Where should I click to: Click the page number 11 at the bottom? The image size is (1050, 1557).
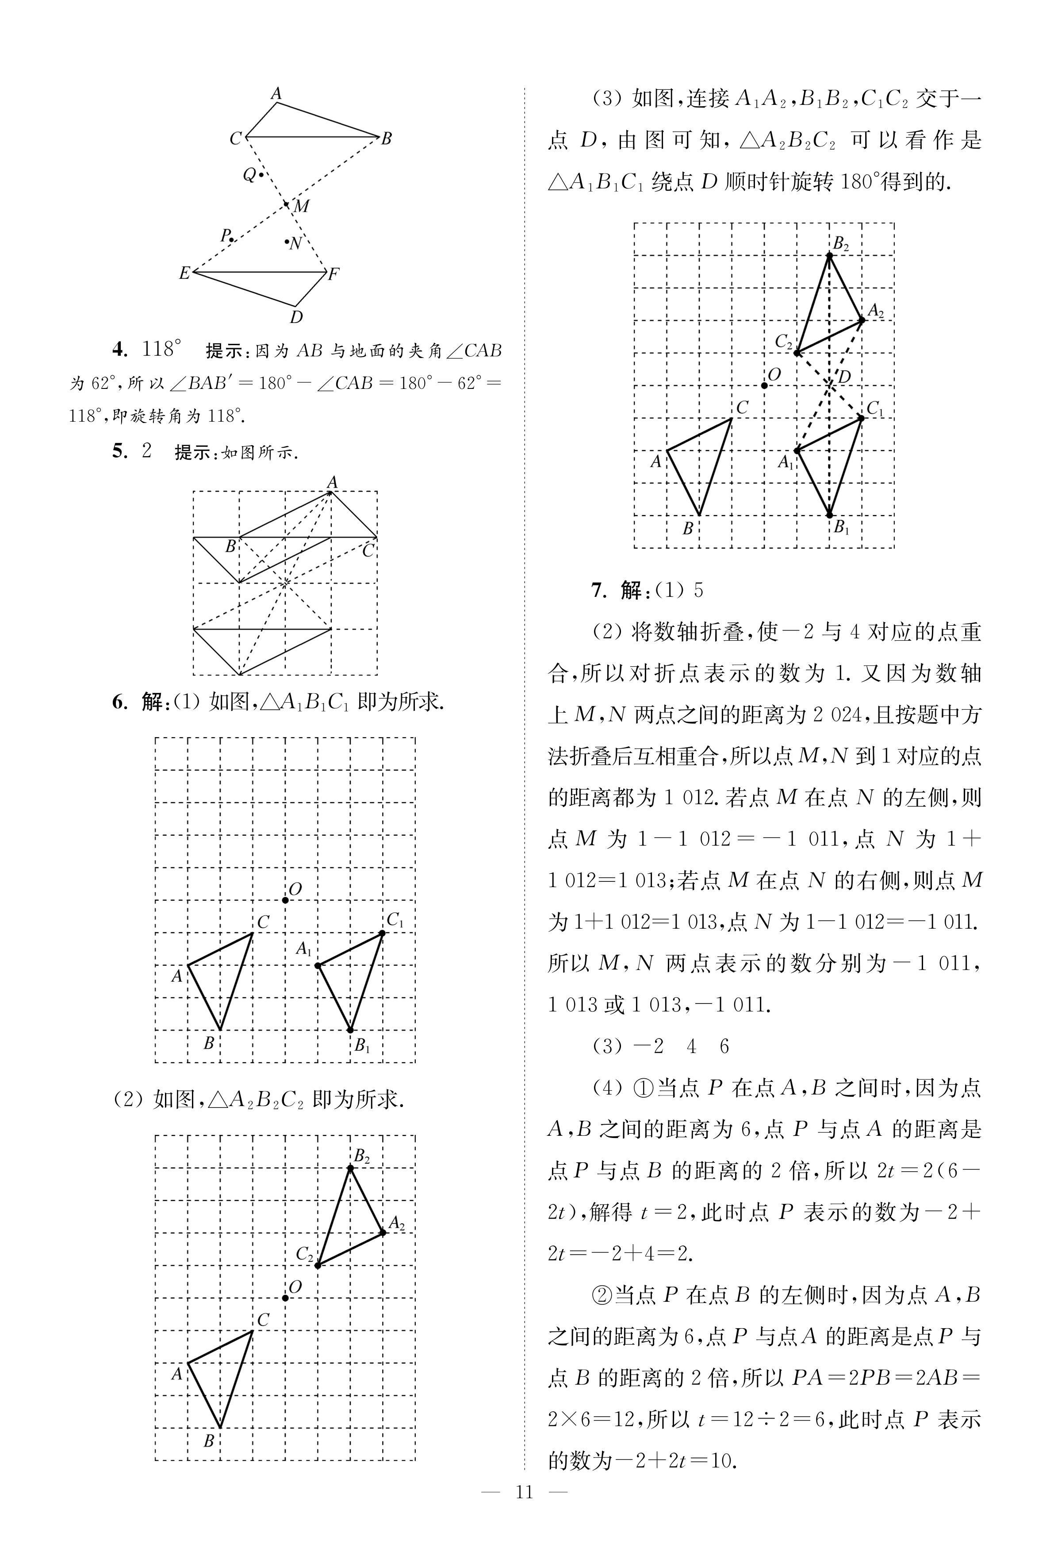pyautogui.click(x=524, y=1510)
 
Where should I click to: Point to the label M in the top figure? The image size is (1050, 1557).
pyautogui.click(x=302, y=206)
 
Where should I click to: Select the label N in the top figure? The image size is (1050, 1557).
pyautogui.click(x=296, y=244)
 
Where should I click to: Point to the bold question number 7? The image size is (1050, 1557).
pyautogui.click(x=598, y=590)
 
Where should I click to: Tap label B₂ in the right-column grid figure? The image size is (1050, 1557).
pyautogui.click(x=840, y=244)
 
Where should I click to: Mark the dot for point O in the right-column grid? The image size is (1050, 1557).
pyautogui.click(x=765, y=385)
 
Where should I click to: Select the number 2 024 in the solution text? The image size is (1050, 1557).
pyautogui.click(x=837, y=715)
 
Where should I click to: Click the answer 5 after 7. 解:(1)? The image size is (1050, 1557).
pyautogui.click(x=698, y=590)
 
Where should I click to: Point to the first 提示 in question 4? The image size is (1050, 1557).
pyautogui.click(x=224, y=350)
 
